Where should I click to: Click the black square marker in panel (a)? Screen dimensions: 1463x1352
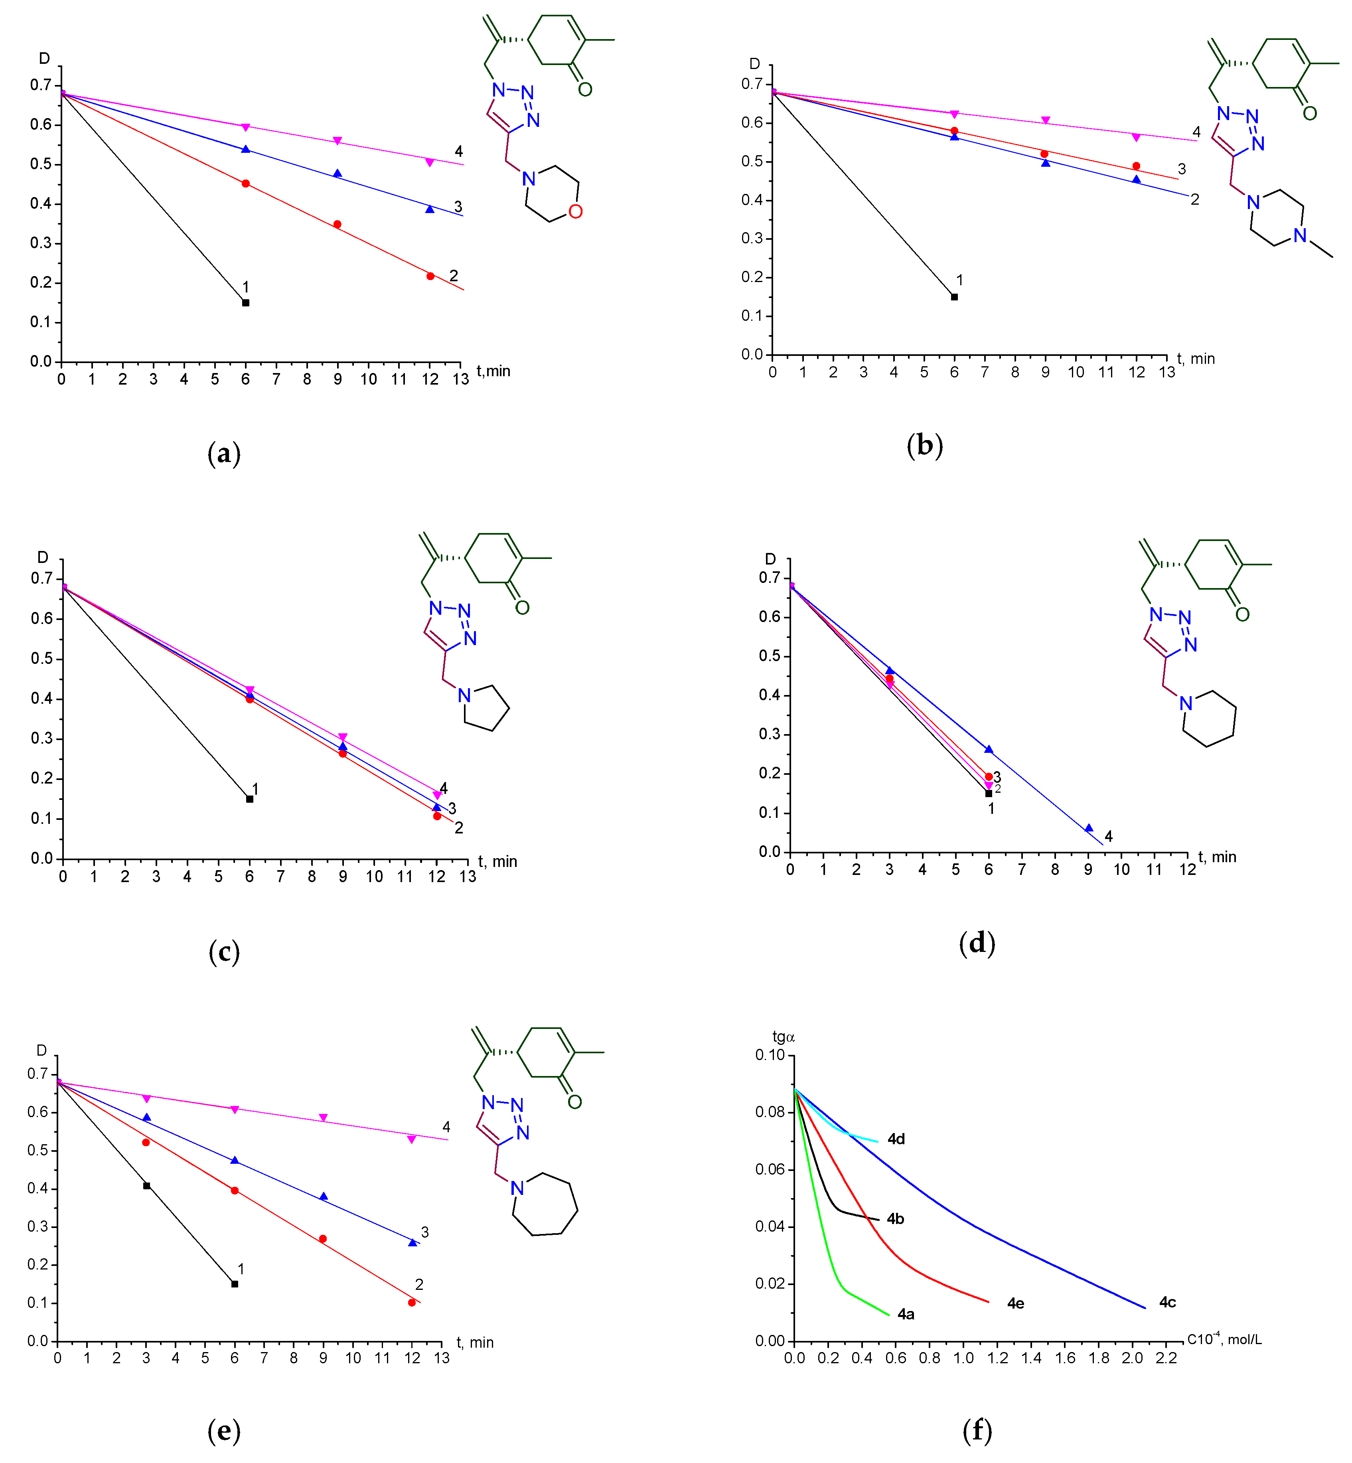pos(246,303)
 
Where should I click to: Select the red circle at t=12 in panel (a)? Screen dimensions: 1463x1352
pos(430,276)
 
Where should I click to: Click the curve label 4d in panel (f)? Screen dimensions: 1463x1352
pos(896,1139)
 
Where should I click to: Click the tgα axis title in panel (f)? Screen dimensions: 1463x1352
pos(784,1037)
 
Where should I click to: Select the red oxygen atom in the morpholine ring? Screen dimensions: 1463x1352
pos(575,212)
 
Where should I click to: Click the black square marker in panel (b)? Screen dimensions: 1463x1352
pos(954,297)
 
